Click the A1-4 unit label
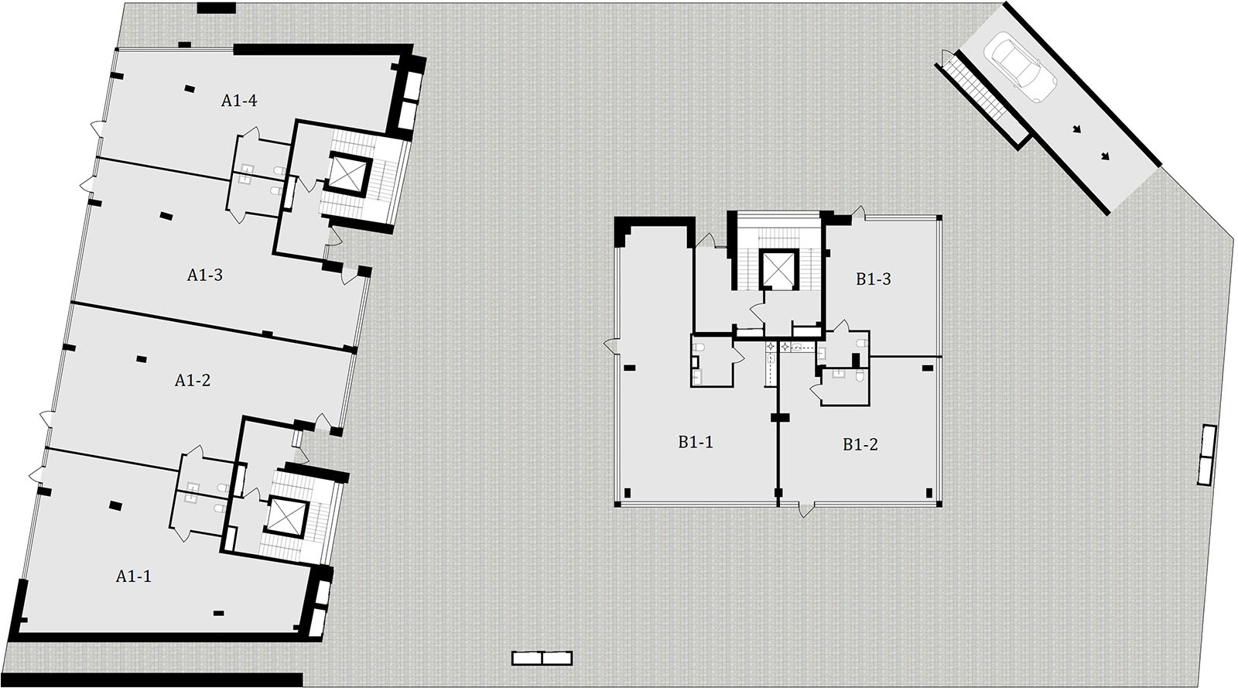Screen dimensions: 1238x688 (x=239, y=101)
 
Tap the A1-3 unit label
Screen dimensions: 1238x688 (x=204, y=275)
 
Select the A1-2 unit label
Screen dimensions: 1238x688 (x=193, y=380)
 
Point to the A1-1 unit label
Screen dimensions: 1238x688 (x=133, y=577)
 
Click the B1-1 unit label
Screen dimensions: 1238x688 (x=696, y=442)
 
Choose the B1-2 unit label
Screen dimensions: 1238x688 (x=860, y=444)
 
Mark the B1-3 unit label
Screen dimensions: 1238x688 (x=874, y=279)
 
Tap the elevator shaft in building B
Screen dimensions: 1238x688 (x=778, y=269)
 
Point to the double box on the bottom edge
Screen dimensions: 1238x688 (x=542, y=658)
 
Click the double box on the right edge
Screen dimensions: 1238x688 (x=1207, y=455)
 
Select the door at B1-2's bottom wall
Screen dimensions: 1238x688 (x=806, y=509)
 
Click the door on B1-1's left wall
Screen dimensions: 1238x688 (x=611, y=347)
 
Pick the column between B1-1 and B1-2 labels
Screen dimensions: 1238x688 (x=778, y=418)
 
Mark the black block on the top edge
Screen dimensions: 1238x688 (x=216, y=9)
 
